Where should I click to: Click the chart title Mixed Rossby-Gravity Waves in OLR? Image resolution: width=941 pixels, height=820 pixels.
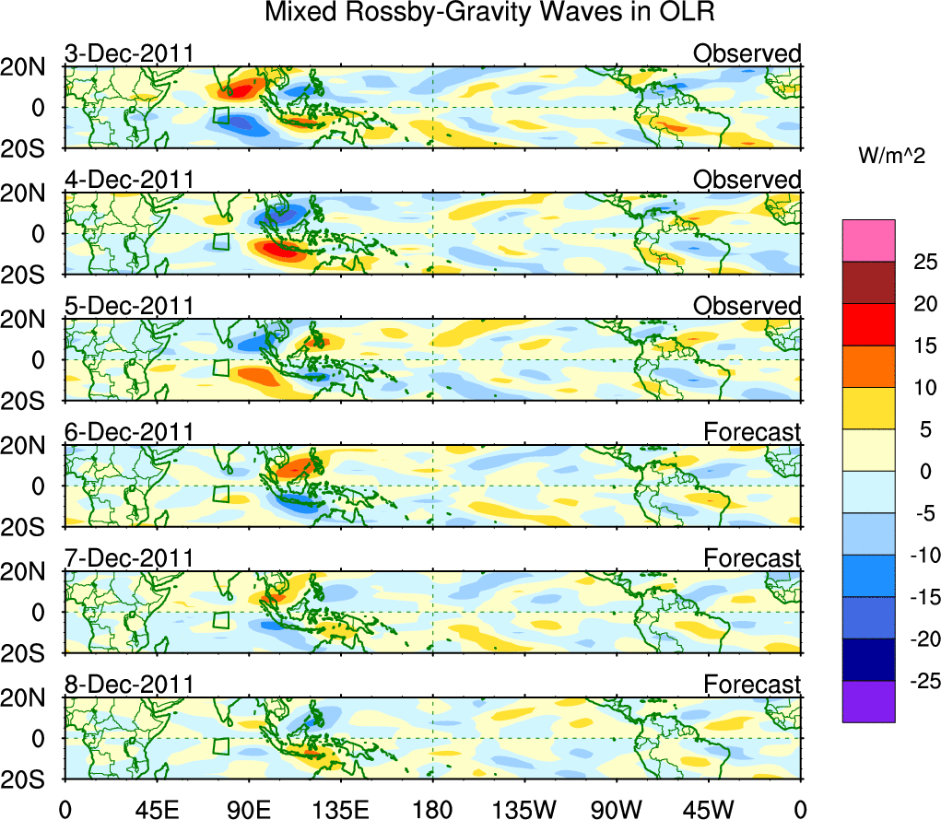pyautogui.click(x=489, y=13)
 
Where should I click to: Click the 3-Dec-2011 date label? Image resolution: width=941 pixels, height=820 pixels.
pyautogui.click(x=129, y=54)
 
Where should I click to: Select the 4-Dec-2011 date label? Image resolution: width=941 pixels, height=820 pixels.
pyautogui.click(x=129, y=181)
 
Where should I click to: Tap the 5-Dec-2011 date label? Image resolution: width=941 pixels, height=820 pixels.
pyautogui.click(x=129, y=307)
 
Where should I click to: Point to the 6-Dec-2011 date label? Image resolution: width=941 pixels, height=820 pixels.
pyautogui.click(x=129, y=433)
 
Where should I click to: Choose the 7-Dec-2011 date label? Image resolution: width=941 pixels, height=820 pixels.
pyautogui.click(x=129, y=559)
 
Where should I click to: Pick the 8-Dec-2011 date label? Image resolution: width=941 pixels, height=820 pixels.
pyautogui.click(x=129, y=685)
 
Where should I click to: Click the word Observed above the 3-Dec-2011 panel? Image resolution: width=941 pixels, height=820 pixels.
pyautogui.click(x=747, y=54)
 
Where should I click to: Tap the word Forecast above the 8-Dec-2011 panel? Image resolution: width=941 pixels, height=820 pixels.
pyautogui.click(x=752, y=685)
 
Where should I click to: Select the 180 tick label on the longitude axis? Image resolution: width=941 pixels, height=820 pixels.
pyautogui.click(x=432, y=809)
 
